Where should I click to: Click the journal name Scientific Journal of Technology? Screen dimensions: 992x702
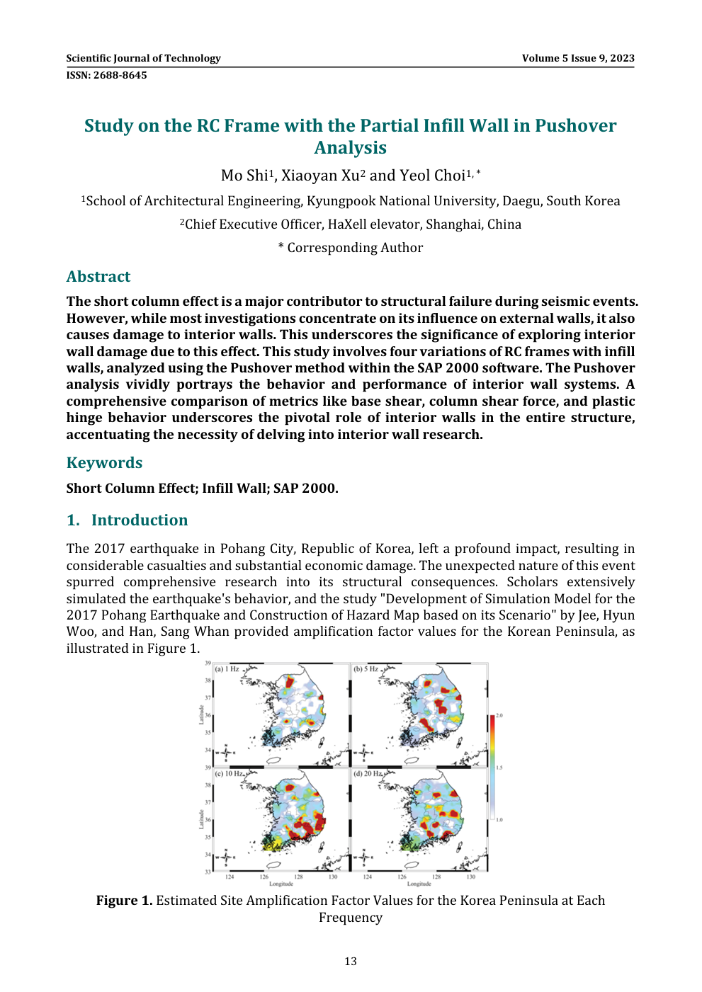(143, 58)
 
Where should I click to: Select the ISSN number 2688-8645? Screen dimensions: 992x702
(118, 75)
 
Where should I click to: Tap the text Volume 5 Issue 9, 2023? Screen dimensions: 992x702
(578, 58)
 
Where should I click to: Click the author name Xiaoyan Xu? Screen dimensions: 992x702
(320, 176)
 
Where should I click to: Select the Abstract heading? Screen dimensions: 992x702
(98, 277)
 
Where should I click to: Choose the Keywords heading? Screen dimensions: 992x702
(104, 463)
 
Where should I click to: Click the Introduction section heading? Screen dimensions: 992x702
(140, 520)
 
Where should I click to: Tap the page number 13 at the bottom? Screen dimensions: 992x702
(351, 962)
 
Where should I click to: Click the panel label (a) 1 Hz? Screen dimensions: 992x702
(227, 669)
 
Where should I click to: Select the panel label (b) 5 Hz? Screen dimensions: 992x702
(366, 669)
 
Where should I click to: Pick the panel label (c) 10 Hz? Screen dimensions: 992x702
(228, 774)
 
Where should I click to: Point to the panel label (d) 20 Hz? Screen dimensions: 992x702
(367, 774)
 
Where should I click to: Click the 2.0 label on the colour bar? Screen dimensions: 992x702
(499, 716)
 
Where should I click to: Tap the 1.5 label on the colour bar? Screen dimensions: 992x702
(499, 768)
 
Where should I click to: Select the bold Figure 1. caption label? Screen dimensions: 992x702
(124, 901)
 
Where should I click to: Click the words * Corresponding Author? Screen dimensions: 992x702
(351, 248)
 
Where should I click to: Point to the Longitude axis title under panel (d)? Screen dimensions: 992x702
(419, 884)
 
